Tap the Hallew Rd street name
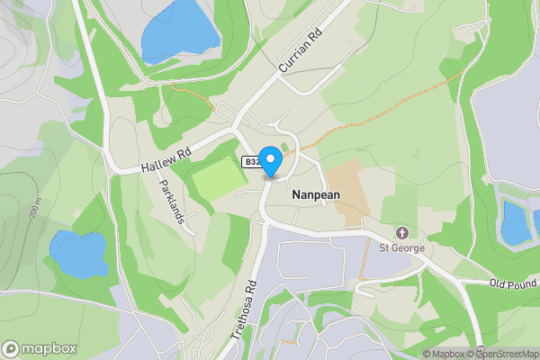166,162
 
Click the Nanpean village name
315,193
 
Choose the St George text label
401,247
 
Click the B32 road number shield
252,162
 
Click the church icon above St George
401,233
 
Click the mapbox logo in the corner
40,348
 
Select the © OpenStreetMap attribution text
509,354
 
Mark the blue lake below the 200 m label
78,254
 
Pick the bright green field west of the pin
218,176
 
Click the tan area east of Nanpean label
346,192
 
